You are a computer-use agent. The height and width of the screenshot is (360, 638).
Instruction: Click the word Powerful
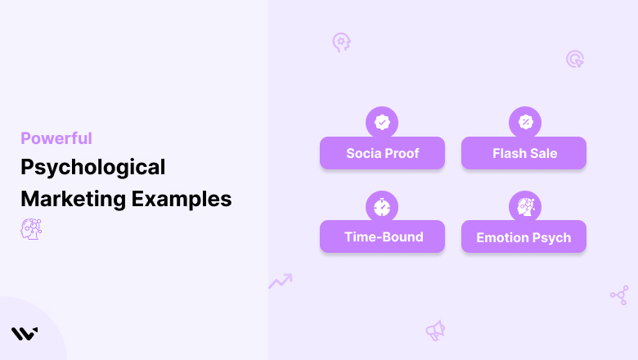coord(56,138)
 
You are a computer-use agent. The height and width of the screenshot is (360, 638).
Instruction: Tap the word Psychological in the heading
coord(93,168)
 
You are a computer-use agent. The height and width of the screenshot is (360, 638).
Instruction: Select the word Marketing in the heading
coord(74,200)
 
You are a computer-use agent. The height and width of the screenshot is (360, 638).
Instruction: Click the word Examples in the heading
coord(182,200)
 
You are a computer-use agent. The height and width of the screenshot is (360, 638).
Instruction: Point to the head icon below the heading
coord(31,229)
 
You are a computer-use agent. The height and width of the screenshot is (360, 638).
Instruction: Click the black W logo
coord(25,334)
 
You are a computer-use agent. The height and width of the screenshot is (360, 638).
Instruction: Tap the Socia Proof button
coord(382,153)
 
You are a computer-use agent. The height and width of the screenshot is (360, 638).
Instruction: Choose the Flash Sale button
coord(523,153)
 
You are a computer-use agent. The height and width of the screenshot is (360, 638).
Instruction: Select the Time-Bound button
coord(382,236)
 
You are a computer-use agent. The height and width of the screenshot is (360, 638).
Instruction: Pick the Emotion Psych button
coord(523,236)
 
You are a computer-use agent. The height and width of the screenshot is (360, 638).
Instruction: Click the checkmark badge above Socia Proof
coord(382,122)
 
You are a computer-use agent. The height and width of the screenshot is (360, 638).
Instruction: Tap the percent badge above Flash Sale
coord(525,122)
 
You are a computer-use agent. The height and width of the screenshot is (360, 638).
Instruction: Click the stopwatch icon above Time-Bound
coord(382,207)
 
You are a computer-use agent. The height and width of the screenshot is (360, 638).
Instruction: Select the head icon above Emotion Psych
coord(525,207)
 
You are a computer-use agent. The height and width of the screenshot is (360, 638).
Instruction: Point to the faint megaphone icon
coord(435,331)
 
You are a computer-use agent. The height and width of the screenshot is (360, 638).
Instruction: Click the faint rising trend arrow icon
coord(281,281)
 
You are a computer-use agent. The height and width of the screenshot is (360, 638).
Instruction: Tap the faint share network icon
coord(620,295)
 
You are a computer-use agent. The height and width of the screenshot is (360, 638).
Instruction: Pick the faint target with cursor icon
coord(575,59)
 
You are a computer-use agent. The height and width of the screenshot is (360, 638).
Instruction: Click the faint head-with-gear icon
coord(341,43)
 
